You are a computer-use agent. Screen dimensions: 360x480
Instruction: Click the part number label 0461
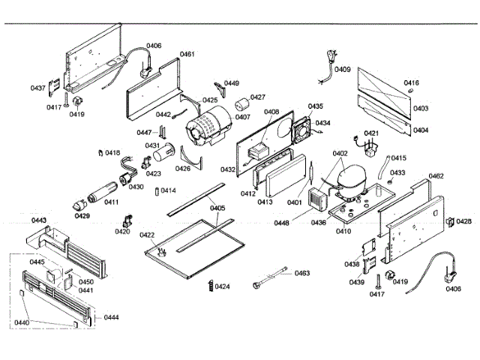coord(187,54)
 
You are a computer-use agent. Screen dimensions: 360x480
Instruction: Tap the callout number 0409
coord(342,70)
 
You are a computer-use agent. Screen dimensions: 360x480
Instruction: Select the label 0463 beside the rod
coord(301,273)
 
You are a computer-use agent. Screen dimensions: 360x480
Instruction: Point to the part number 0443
coord(39,220)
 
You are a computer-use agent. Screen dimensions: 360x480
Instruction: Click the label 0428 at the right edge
coord(464,221)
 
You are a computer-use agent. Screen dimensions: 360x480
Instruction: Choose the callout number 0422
coord(147,235)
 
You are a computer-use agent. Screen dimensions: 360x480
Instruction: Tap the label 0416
coord(412,83)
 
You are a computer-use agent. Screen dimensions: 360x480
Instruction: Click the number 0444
coord(111,317)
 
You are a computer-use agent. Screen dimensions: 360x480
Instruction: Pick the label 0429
coord(82,215)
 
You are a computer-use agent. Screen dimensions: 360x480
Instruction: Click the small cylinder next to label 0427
coord(241,103)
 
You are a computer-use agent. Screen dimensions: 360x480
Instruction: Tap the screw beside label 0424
coord(209,286)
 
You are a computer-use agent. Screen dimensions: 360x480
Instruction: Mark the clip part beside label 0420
coord(126,221)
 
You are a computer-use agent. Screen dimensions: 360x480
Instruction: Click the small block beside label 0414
coord(155,190)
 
